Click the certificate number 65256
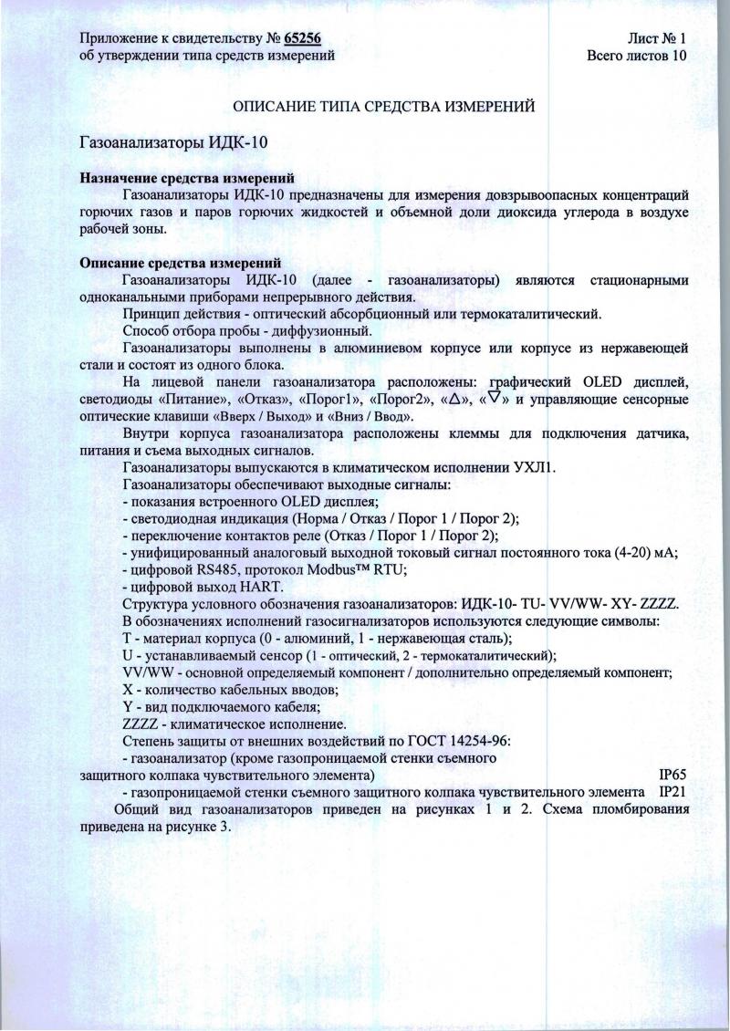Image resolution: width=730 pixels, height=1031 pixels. pos(303,37)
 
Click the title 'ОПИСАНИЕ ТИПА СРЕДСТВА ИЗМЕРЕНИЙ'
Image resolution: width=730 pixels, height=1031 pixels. pos(383,107)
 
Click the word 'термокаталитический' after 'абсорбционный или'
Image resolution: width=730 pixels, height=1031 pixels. pos(534,314)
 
